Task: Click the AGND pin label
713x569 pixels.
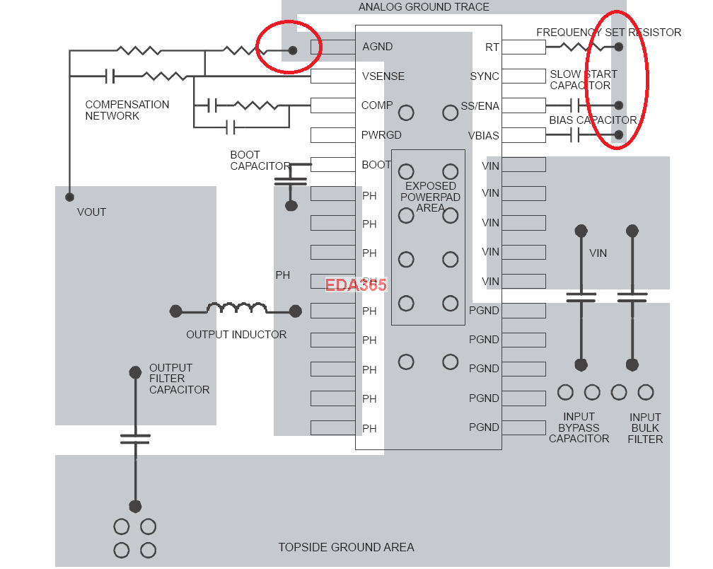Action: point(377,47)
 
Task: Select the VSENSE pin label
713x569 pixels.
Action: point(383,76)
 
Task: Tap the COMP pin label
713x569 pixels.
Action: point(377,105)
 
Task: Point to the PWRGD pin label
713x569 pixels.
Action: point(382,135)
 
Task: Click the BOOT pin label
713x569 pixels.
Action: point(376,165)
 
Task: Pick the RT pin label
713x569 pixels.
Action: point(492,47)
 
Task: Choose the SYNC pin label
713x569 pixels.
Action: point(485,76)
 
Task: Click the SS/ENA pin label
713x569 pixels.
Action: point(480,106)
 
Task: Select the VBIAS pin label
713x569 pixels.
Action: point(483,135)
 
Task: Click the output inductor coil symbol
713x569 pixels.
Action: point(236,309)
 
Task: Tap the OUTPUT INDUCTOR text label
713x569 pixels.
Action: point(236,335)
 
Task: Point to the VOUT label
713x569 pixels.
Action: point(91,212)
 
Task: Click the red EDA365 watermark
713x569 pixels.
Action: point(356,285)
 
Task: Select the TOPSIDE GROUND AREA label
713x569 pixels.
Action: point(346,547)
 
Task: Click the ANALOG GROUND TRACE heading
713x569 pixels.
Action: point(424,7)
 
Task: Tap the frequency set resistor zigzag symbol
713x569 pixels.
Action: point(581,47)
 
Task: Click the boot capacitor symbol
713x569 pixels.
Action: point(291,181)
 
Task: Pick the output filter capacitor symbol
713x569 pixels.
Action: point(135,439)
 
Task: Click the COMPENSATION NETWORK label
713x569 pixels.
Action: point(127,110)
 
